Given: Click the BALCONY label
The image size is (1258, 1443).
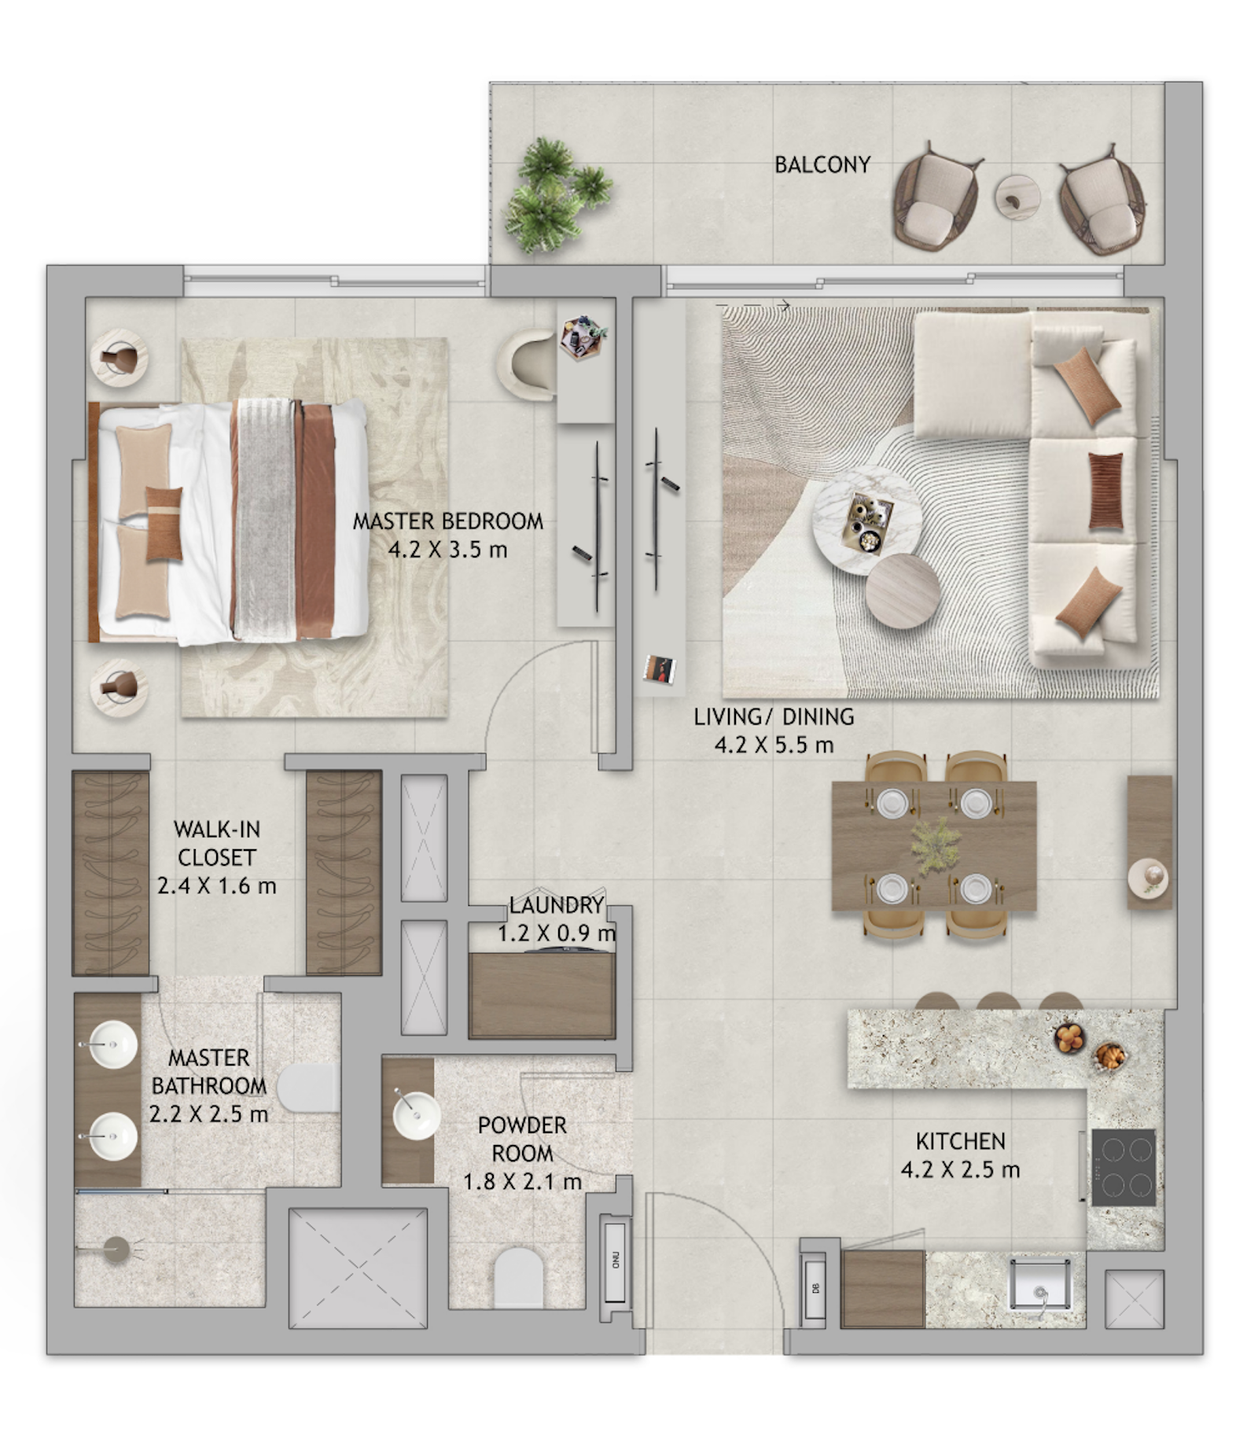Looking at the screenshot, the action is point(822,165).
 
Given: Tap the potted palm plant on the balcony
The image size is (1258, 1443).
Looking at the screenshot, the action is point(556,194).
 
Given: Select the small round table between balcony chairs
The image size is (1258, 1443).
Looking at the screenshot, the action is point(1017,197).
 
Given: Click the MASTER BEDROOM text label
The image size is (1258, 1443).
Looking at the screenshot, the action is point(447,521).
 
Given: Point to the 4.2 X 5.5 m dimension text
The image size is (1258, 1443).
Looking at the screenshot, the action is point(774,745).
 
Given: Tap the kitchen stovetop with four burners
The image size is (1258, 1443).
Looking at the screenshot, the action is point(1124,1167).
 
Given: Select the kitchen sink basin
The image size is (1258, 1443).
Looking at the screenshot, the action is point(1039,1283).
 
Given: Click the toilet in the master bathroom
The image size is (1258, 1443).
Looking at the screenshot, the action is point(309,1088).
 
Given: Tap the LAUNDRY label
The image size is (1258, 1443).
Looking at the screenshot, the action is point(557,905).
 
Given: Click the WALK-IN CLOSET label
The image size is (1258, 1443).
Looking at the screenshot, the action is point(216,843).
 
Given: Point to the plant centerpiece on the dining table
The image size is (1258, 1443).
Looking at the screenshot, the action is point(936,845).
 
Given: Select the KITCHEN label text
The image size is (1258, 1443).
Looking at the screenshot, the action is point(961,1141).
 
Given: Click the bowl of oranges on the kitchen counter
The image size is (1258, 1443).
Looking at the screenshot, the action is point(1069,1037).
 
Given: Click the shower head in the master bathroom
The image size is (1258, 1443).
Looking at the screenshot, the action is point(116,1250).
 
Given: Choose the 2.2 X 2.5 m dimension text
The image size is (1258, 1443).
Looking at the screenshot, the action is point(209,1114).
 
